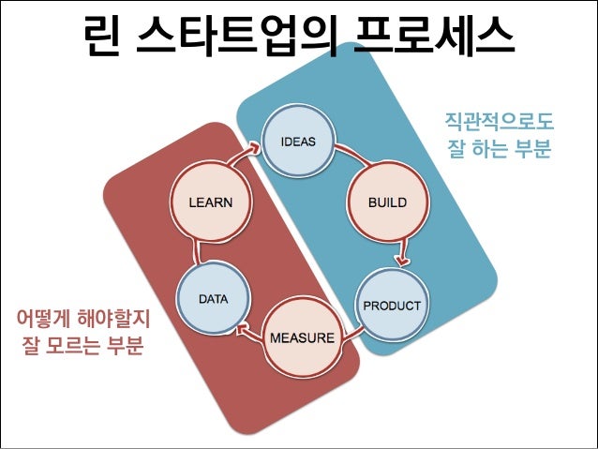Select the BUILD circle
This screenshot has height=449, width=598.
(x=385, y=202)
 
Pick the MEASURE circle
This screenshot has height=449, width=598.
(x=302, y=337)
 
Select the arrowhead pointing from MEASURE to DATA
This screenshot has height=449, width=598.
(x=242, y=327)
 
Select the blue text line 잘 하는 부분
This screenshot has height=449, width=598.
(x=499, y=148)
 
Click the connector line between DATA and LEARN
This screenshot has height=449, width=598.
(x=194, y=247)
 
